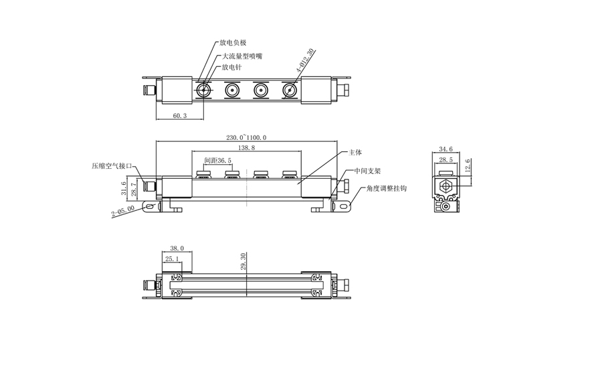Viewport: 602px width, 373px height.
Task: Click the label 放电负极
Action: pos(233,43)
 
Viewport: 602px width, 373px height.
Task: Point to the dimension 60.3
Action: pos(179,116)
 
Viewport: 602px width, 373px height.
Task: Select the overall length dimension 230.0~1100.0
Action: pos(246,137)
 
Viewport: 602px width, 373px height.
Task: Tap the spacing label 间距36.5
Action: pos(217,161)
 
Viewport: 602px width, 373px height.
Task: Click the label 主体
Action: pos(355,153)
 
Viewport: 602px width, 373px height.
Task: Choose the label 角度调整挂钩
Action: pos(386,189)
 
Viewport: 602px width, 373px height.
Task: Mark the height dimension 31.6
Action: pos(124,188)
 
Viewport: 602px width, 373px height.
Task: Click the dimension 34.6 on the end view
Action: pos(446,149)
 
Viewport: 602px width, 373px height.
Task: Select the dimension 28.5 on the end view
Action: pos(446,160)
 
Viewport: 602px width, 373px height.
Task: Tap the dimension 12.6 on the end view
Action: pos(468,165)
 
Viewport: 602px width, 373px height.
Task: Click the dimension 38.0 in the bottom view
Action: pos(177,248)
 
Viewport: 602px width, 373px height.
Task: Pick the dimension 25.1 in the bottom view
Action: pos(172,258)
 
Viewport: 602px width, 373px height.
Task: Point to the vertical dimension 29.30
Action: pos(243,262)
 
